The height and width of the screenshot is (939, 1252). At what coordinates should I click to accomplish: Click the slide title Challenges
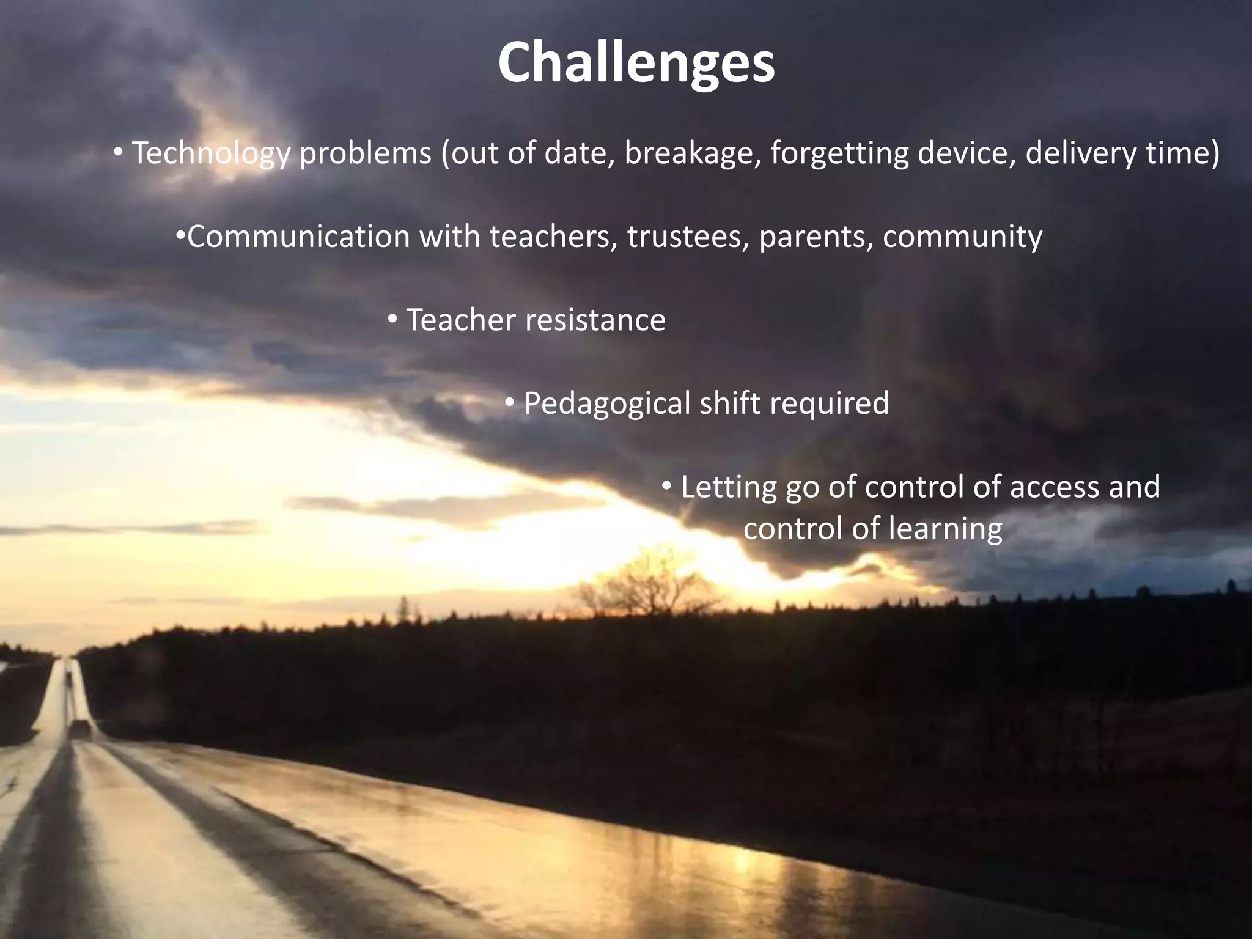pyautogui.click(x=636, y=64)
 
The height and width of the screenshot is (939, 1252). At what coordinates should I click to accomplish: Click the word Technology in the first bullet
pyautogui.click(x=211, y=153)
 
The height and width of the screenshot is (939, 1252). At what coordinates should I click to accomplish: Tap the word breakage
pyautogui.click(x=692, y=153)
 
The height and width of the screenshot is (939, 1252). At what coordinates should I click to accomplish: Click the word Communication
pyautogui.click(x=298, y=237)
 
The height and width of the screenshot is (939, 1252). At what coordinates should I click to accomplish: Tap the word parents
pyautogui.click(x=816, y=237)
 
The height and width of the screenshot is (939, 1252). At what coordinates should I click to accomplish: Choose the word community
pyautogui.click(x=962, y=237)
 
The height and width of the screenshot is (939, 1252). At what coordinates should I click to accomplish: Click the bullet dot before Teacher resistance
pyautogui.click(x=393, y=319)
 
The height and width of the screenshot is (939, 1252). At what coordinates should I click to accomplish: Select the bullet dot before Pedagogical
pyautogui.click(x=510, y=402)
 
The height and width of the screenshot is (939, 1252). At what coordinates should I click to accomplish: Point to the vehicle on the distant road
pyautogui.click(x=79, y=727)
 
